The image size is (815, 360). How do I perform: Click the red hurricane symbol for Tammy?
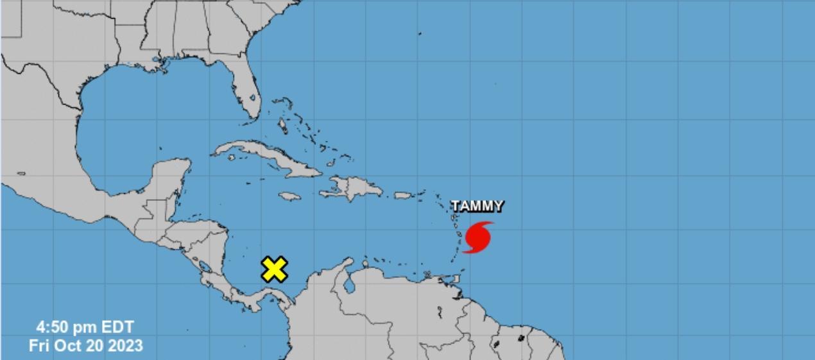pyautogui.click(x=478, y=237)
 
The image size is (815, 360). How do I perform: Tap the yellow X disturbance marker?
pyautogui.click(x=274, y=270)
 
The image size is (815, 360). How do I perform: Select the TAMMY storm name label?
pyautogui.click(x=477, y=206)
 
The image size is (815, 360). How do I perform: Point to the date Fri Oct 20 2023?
pyautogui.click(x=85, y=345)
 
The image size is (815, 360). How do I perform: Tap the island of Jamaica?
pyautogui.click(x=290, y=196)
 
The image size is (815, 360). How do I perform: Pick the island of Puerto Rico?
pyautogui.click(x=402, y=195)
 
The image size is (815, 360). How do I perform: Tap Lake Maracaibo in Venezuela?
pyautogui.click(x=348, y=282)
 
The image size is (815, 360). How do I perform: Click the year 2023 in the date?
pyautogui.click(x=125, y=345)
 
